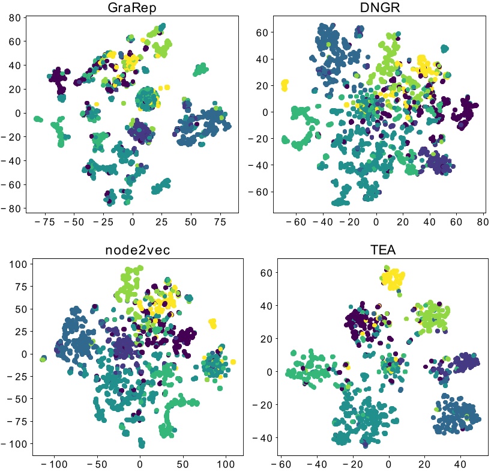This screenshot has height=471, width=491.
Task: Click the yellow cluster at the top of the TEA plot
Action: click(393, 279)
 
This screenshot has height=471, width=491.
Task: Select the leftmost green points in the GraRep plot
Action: click(38, 119)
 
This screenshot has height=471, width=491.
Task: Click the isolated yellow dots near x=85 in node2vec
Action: click(212, 323)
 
